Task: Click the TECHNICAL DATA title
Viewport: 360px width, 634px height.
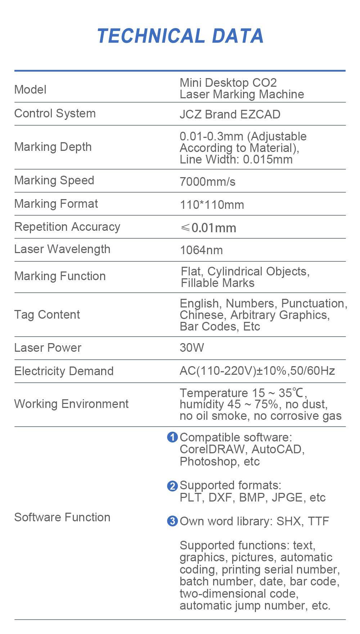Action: click(x=180, y=36)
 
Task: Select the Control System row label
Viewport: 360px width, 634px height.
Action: click(x=55, y=113)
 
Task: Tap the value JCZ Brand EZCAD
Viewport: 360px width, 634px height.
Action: click(x=230, y=114)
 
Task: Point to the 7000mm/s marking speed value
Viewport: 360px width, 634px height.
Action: click(x=207, y=181)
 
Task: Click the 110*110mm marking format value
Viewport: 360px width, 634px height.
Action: click(x=212, y=205)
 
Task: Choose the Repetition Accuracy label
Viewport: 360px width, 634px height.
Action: click(x=67, y=227)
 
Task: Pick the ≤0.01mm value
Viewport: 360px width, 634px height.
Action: click(x=208, y=228)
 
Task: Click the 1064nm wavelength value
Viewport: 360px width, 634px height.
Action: click(x=201, y=250)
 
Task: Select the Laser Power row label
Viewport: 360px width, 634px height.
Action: click(x=48, y=348)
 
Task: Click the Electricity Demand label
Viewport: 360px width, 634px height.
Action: click(x=64, y=371)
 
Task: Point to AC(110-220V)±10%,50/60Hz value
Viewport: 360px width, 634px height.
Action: click(x=257, y=371)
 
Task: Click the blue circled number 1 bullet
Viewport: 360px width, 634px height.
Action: click(x=172, y=437)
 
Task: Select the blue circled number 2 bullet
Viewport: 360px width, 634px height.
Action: click(x=172, y=486)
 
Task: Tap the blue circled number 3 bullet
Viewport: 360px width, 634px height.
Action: click(x=172, y=521)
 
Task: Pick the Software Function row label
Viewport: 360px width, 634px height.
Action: click(x=62, y=517)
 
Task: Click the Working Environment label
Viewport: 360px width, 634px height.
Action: click(x=71, y=404)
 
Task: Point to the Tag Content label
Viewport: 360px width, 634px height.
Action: click(x=47, y=315)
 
